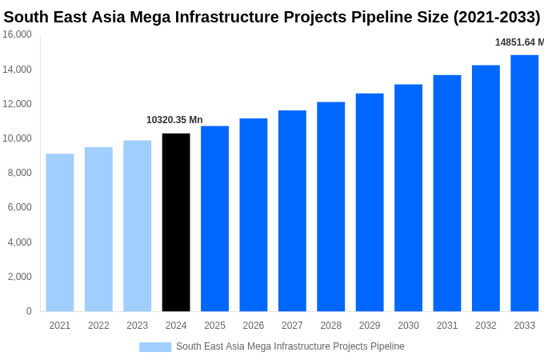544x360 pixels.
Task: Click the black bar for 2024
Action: pos(176,222)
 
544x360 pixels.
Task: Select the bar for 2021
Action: pos(60,232)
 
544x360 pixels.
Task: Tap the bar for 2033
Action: pos(524,183)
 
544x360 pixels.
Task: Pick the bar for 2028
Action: pos(330,206)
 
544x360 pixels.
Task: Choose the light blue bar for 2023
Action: pos(137,226)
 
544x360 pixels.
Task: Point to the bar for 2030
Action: pos(408,198)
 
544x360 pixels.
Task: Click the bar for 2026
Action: pos(254,214)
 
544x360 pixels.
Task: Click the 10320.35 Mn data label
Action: pos(174,120)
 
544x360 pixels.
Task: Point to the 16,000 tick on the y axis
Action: pos(18,34)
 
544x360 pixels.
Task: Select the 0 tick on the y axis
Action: pos(29,311)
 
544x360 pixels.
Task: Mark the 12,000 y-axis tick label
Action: pos(18,104)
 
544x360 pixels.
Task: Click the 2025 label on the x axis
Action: pos(214,326)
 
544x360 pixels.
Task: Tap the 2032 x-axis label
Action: pos(486,326)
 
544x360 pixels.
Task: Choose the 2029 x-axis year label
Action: pos(370,326)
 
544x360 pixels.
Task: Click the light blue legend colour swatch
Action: pos(155,347)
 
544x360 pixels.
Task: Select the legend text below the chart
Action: pos(290,346)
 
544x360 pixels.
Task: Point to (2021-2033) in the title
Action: pos(497,17)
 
